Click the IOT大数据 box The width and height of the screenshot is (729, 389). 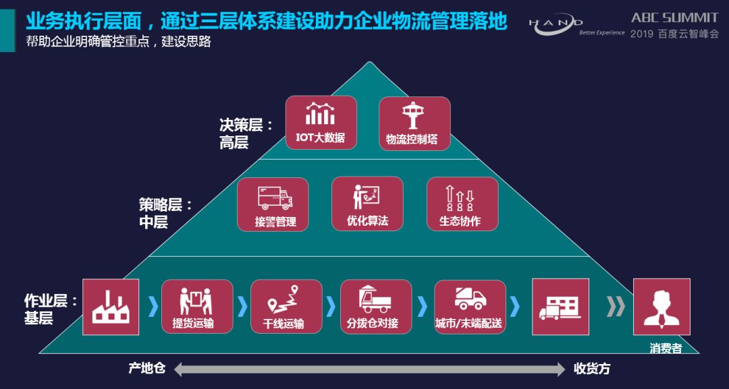pyautogui.click(x=321, y=122)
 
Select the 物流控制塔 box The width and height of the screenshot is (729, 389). pyautogui.click(x=414, y=123)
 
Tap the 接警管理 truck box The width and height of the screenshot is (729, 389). pyautogui.click(x=273, y=204)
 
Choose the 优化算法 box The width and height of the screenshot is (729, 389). pyautogui.click(x=367, y=204)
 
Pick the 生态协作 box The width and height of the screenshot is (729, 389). pyautogui.click(x=462, y=204)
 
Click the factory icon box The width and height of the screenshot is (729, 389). pyautogui.click(x=111, y=307)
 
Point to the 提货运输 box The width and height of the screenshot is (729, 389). pyautogui.click(x=197, y=307)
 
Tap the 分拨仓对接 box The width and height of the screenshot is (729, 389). pyautogui.click(x=376, y=307)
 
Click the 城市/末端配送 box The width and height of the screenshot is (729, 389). pyautogui.click(x=470, y=307)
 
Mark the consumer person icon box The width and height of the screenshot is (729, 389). pyautogui.click(x=661, y=307)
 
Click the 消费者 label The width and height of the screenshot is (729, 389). pyautogui.click(x=666, y=349)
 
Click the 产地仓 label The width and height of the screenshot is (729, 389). pyautogui.click(x=146, y=369)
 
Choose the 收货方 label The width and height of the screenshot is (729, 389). pyautogui.click(x=592, y=369)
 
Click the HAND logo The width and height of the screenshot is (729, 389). pyautogui.click(x=556, y=25)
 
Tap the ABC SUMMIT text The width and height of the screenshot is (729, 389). pyautogui.click(x=675, y=18)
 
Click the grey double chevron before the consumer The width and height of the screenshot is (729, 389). pyautogui.click(x=616, y=307)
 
